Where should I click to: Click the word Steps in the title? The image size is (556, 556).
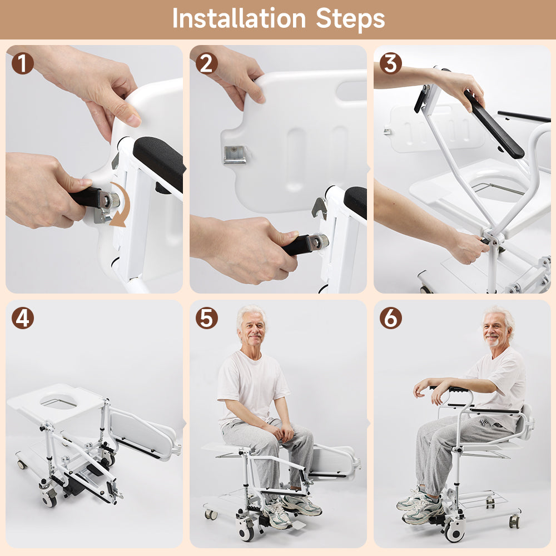click(x=350, y=19)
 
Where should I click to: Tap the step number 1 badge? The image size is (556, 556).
click(x=23, y=63)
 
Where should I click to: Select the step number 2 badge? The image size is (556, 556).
click(x=206, y=63)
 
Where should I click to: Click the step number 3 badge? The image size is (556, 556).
click(x=390, y=63)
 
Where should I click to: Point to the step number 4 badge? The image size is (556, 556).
click(x=23, y=318)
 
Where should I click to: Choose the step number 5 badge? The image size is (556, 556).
click(x=206, y=318)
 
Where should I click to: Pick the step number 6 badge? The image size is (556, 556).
click(x=390, y=318)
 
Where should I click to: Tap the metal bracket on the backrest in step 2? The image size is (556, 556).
click(x=235, y=154)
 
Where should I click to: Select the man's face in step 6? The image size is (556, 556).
click(x=496, y=330)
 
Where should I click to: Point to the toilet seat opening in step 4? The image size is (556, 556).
click(x=58, y=400)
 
